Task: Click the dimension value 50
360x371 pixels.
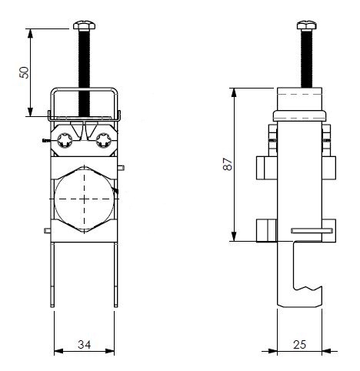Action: (25, 72)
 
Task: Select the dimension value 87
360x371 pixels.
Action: (228, 164)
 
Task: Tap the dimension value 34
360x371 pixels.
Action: (85, 345)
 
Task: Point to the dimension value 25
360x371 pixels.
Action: (299, 345)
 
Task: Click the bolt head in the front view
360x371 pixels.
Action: (84, 25)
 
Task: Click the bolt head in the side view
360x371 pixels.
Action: (307, 25)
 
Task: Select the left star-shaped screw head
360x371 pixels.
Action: (65, 140)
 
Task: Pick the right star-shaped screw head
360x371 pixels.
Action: (103, 140)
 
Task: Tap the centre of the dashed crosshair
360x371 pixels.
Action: (84, 199)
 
